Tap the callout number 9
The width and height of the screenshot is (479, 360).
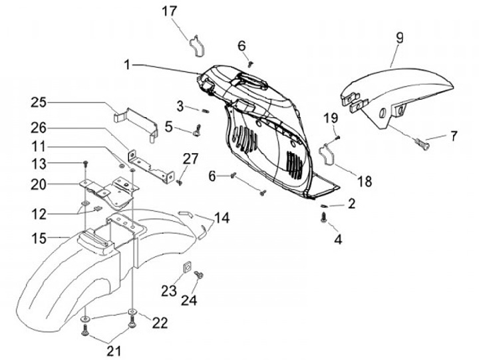(399, 38)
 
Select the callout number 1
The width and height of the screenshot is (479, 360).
(127, 65)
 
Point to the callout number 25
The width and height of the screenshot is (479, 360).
(39, 102)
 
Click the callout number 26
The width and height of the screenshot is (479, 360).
(39, 127)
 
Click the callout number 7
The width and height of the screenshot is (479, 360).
(454, 136)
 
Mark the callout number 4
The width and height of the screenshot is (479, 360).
(338, 237)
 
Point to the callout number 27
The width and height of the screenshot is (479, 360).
(191, 159)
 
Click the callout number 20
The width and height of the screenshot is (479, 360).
(39, 183)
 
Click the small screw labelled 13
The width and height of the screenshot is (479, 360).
(86, 162)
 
